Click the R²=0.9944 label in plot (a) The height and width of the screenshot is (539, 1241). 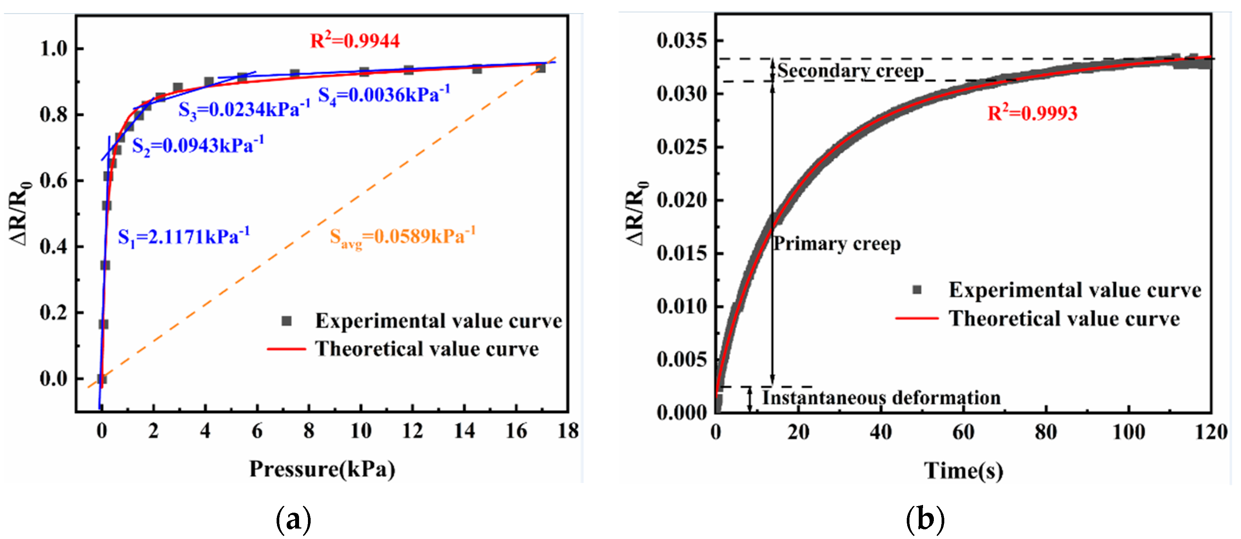(355, 41)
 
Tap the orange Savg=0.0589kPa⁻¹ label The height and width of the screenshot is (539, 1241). (402, 236)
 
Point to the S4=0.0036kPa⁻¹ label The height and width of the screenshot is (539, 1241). (384, 94)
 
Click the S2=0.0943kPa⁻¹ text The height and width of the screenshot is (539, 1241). (198, 145)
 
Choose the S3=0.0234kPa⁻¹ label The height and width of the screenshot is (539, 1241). (244, 110)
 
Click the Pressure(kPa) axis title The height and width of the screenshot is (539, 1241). (322, 469)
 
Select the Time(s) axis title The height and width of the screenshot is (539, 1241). (964, 470)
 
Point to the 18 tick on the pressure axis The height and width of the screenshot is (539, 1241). (568, 431)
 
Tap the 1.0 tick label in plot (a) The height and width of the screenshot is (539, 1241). (54, 49)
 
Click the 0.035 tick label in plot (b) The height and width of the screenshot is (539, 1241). (682, 41)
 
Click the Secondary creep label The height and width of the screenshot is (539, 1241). (850, 71)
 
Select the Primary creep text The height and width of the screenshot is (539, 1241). (837, 244)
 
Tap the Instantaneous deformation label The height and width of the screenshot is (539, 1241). (881, 398)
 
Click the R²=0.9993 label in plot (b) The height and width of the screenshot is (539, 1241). (1032, 113)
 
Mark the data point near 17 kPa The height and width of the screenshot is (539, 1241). (540, 68)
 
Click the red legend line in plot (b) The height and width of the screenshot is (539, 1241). (917, 318)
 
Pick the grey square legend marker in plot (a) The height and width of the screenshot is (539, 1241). (287, 321)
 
